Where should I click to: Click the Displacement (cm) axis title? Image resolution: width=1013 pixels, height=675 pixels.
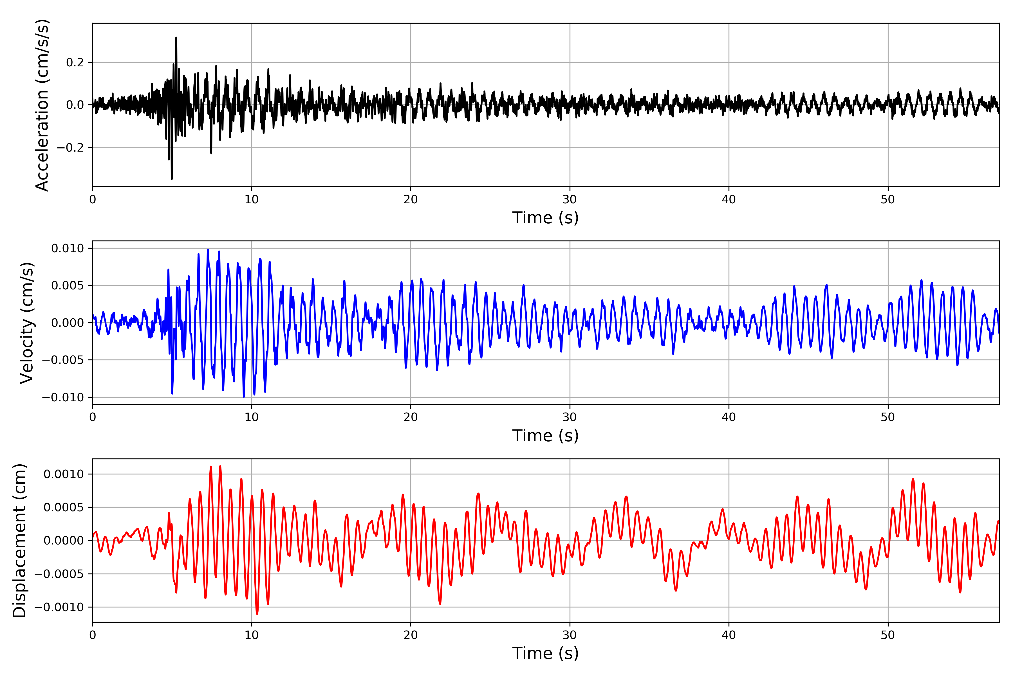[19, 540]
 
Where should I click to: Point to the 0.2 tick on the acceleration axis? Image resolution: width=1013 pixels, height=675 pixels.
[75, 62]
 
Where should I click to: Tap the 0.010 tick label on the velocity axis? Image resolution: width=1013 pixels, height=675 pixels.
[68, 248]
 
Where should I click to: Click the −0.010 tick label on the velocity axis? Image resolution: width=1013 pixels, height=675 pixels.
[63, 397]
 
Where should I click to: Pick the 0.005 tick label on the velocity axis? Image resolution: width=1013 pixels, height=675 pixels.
[68, 285]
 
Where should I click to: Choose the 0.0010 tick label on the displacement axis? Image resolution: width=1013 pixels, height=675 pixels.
[64, 474]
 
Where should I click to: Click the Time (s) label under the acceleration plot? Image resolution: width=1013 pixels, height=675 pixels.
[545, 218]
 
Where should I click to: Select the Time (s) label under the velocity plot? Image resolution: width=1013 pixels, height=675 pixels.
[545, 436]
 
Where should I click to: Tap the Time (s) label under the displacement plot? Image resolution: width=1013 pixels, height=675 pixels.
[545, 653]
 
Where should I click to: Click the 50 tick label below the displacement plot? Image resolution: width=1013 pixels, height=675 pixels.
[888, 635]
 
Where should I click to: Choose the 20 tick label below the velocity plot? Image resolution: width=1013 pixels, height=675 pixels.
[411, 417]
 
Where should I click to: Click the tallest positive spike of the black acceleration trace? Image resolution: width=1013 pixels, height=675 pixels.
[176, 38]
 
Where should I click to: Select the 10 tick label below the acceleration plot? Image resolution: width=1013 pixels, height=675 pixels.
[252, 200]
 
